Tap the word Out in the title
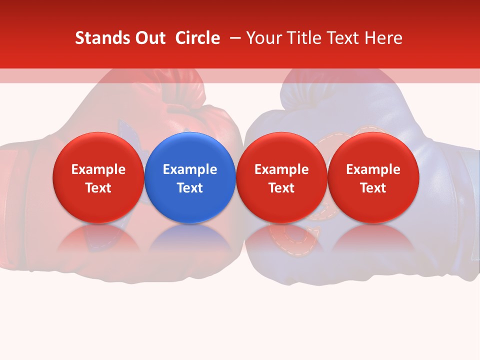pos(149,38)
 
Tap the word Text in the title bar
pos(342,38)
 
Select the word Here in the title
pos(383,38)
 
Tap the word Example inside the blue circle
pos(190,169)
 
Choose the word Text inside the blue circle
pos(190,188)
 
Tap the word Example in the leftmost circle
pos(98,169)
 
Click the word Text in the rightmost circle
pos(373,188)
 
